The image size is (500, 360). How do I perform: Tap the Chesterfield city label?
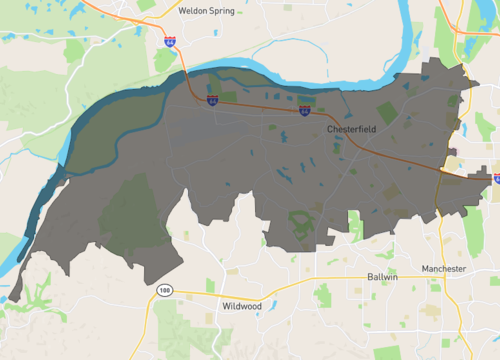[x=350, y=130]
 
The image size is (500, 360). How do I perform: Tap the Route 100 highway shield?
[x=163, y=290]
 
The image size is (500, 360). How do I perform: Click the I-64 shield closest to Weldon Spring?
[x=171, y=42]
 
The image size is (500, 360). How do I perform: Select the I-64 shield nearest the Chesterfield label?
[x=304, y=111]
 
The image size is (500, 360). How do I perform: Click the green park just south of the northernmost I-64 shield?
[x=165, y=60]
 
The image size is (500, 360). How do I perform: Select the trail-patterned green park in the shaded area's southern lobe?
[x=301, y=226]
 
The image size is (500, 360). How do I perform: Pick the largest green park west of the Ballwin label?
[x=322, y=296]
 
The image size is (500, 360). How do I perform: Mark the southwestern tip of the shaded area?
[x=14, y=297]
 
